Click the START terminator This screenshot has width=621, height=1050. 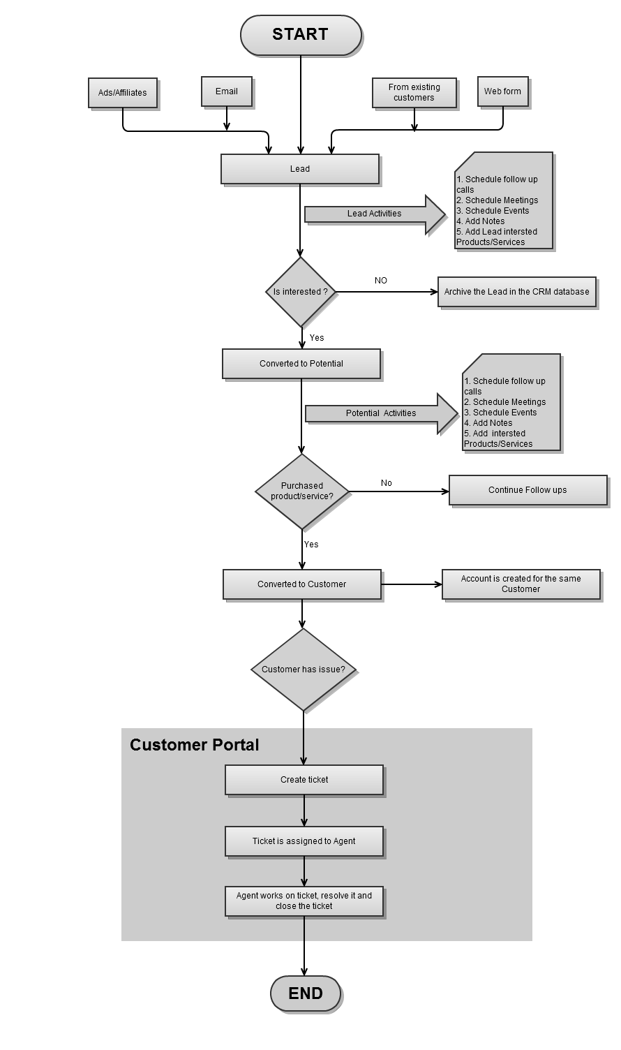click(301, 35)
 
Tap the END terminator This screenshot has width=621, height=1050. click(306, 993)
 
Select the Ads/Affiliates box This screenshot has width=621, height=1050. click(123, 93)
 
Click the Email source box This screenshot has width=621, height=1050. click(227, 91)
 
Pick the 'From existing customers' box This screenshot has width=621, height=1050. click(414, 93)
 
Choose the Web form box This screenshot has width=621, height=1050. click(503, 91)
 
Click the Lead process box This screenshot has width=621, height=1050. click(300, 169)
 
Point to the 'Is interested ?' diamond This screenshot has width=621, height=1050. click(301, 292)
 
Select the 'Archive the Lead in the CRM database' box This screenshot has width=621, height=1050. click(517, 292)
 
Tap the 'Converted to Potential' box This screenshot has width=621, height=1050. click(301, 363)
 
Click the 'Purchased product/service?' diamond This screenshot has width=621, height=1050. click(302, 491)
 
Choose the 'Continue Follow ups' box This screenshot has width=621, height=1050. click(528, 490)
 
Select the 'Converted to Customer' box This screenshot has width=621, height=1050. click(302, 584)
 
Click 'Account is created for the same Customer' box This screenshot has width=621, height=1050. click(521, 584)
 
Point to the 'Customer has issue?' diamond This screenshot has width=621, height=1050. click(304, 670)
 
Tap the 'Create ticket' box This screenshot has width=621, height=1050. click(304, 780)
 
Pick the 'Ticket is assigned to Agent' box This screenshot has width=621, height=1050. click(304, 841)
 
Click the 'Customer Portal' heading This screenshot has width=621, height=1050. click(195, 745)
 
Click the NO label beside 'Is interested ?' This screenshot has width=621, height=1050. click(381, 281)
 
